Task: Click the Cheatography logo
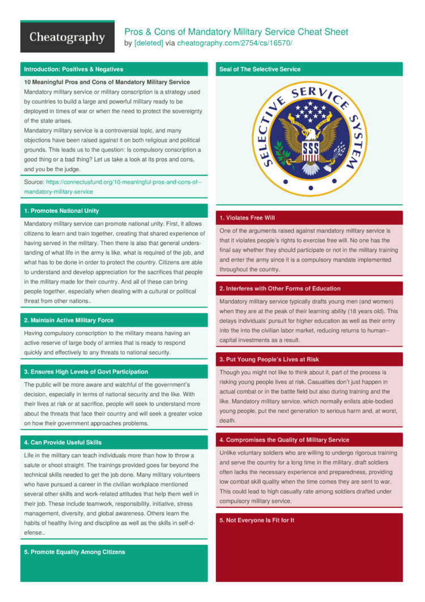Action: click(x=67, y=37)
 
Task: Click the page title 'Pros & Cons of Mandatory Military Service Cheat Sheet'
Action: click(x=236, y=32)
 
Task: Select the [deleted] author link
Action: click(x=148, y=43)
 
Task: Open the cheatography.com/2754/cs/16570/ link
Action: click(x=235, y=43)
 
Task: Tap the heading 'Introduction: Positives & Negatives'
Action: click(x=74, y=69)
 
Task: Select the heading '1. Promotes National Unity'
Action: click(x=61, y=211)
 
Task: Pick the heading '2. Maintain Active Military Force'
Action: click(x=69, y=321)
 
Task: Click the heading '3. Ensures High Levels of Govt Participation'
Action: click(x=86, y=372)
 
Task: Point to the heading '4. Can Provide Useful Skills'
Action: click(x=62, y=443)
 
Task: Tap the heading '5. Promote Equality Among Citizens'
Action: click(x=74, y=552)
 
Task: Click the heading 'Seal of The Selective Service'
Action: click(x=260, y=69)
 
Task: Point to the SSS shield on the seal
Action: click(x=311, y=150)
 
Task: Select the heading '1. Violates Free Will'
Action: click(x=247, y=218)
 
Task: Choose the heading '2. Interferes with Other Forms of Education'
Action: click(x=280, y=289)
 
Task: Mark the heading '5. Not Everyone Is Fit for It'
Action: click(x=257, y=520)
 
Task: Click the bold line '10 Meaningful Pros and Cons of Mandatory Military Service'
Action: click(x=107, y=82)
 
